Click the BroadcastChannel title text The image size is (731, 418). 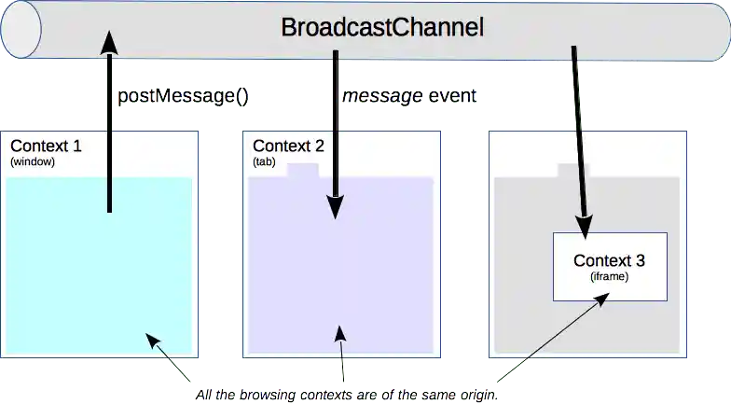tap(382, 28)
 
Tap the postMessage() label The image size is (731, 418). tap(183, 96)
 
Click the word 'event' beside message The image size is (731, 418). tap(453, 96)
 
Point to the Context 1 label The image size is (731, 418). tap(46, 146)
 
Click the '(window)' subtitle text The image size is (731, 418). tap(34, 161)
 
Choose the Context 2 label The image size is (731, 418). tap(288, 146)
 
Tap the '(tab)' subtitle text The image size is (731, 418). tap(264, 161)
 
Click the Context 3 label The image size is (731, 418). tap(609, 260)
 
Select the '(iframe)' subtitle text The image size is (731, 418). tap(610, 276)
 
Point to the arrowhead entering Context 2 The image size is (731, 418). tap(335, 209)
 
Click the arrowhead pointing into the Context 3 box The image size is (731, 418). tap(586, 228)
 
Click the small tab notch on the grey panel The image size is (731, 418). tap(572, 171)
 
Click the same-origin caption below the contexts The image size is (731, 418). tap(347, 396)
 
